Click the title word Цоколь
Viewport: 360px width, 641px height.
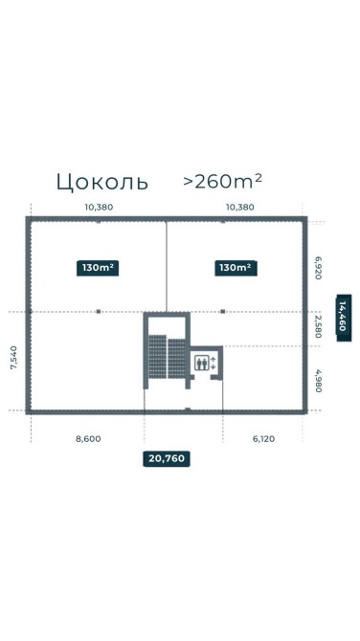[101, 182]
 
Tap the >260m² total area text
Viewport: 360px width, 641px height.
[222, 181]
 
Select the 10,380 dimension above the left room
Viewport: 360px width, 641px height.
[99, 207]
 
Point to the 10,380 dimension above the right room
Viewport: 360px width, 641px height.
[240, 207]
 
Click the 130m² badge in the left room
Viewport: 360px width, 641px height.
[98, 268]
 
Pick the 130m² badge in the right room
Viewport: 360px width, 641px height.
[236, 268]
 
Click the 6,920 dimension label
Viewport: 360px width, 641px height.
[318, 268]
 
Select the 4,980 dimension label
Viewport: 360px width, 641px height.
[318, 381]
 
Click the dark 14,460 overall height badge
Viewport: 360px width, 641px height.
[344, 318]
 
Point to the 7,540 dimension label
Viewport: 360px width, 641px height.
[14, 358]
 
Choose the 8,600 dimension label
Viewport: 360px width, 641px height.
[88, 439]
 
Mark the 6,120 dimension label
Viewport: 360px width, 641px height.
[264, 439]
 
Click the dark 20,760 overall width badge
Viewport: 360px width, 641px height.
[167, 458]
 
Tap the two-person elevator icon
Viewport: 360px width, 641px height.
[201, 363]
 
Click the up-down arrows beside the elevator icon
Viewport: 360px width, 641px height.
[213, 363]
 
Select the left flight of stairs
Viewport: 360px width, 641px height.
[157, 357]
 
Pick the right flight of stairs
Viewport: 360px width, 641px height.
[177, 359]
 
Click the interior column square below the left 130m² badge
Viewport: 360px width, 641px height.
[99, 312]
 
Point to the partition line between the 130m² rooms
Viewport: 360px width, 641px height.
[166, 267]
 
